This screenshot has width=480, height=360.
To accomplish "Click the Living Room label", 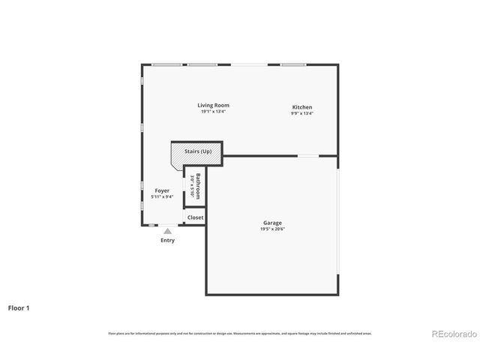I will click(213, 105).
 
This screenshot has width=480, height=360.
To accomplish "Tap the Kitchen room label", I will click(302, 107).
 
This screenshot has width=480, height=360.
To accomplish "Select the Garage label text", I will click(272, 223).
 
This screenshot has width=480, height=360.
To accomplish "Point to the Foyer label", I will click(162, 191).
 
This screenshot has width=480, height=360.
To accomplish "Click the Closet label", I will click(195, 217).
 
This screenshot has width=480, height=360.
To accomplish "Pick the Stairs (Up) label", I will click(198, 151).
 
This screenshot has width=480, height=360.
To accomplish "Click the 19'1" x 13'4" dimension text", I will click(213, 112).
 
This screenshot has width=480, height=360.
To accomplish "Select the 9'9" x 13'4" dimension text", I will click(302, 114).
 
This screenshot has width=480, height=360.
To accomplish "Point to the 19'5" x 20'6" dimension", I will click(272, 229).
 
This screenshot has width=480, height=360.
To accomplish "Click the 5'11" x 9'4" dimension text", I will click(162, 197).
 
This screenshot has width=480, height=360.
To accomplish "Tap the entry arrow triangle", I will click(167, 231).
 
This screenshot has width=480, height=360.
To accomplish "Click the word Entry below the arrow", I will click(167, 240).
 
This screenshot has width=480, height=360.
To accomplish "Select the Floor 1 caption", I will click(19, 307).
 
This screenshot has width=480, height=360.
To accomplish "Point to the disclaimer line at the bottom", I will click(240, 333).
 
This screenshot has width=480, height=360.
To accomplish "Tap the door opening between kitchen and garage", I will click(309, 156).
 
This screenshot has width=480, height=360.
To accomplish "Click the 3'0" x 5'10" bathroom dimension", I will click(192, 185).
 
